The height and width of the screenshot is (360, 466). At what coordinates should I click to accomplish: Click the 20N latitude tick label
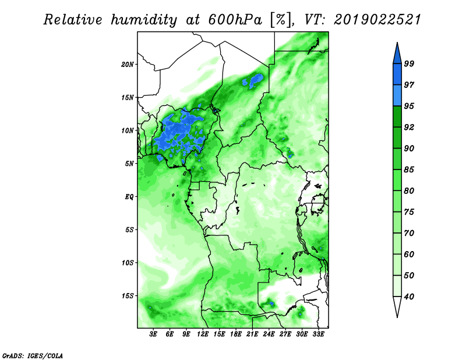pos(127,64)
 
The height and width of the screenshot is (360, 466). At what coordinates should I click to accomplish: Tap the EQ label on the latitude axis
pos(129,196)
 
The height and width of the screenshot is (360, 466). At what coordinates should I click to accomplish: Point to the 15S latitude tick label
pos(128,296)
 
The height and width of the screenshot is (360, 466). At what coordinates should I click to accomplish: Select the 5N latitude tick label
pos(129,164)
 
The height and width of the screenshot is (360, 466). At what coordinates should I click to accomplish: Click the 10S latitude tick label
pos(128,263)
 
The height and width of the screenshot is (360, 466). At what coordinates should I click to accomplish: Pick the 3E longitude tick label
pos(153,334)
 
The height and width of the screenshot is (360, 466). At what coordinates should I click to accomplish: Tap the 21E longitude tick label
pos(252,334)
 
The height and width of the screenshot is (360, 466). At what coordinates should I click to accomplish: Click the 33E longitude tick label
pos(318,334)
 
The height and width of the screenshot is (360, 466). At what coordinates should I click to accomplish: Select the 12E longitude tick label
pos(203,334)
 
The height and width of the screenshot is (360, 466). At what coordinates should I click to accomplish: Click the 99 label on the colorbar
pos(409,63)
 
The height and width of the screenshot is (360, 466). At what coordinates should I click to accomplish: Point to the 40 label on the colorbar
pos(409,297)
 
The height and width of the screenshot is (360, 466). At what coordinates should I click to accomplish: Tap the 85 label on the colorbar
pos(409,170)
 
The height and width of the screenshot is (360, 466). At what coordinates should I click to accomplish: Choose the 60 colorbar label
pos(409,254)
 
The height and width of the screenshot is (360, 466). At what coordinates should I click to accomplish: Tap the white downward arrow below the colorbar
pos(397,306)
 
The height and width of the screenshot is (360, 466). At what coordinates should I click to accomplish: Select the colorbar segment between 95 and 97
pos(397,96)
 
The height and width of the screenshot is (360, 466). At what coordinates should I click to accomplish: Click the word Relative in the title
pos(73,20)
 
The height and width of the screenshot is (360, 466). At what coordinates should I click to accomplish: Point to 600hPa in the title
pos(235,20)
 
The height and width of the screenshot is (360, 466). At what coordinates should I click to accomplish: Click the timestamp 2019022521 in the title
pos(377,20)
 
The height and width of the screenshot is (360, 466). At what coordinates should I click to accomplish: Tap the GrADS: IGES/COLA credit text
pos(33,355)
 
